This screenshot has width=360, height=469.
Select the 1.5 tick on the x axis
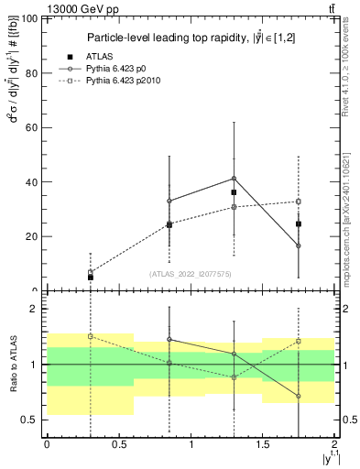[x=263, y=443]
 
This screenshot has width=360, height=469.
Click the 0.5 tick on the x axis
[x=119, y=443]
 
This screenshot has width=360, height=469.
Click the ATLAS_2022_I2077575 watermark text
[x=191, y=274]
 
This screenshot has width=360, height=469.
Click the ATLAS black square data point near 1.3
[x=234, y=192]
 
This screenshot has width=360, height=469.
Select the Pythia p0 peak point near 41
[x=234, y=179]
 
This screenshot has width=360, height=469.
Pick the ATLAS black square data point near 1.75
[x=299, y=224]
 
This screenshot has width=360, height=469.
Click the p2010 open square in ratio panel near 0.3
[x=91, y=336]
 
